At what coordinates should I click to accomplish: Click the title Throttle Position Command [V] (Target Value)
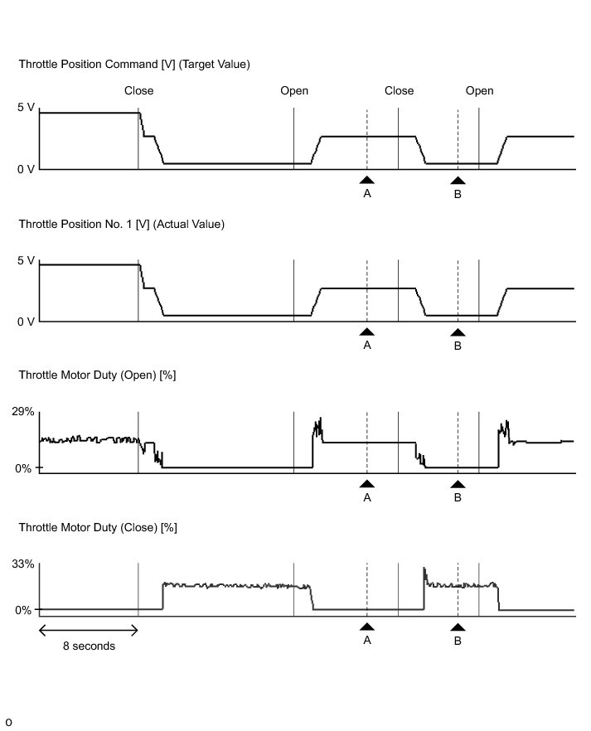(x=133, y=64)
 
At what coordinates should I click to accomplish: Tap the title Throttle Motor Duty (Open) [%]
(x=97, y=375)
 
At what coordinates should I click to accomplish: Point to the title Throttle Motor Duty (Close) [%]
(x=98, y=527)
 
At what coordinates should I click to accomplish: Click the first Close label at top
(x=138, y=90)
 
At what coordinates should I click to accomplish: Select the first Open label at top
(x=294, y=90)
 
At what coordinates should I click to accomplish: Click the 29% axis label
(x=22, y=412)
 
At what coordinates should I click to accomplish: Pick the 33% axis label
(x=22, y=564)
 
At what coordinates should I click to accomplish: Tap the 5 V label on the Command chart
(x=26, y=108)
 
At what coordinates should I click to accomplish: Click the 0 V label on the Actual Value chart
(x=26, y=322)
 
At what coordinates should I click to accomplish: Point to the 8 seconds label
(x=89, y=646)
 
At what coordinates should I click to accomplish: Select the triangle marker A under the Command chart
(x=367, y=178)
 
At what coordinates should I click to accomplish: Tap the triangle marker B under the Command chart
(x=458, y=179)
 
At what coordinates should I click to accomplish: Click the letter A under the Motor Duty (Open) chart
(x=367, y=498)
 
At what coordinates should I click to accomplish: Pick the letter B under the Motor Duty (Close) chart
(x=458, y=641)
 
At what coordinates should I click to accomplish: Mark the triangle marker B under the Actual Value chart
(x=458, y=332)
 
